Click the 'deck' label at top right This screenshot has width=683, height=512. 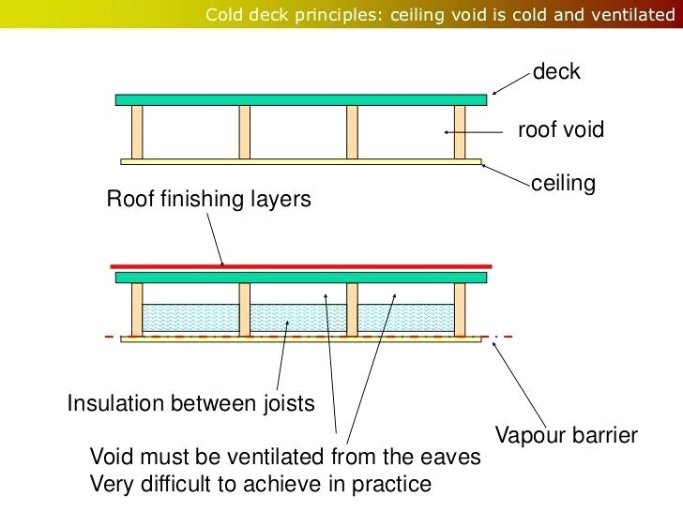click(x=556, y=72)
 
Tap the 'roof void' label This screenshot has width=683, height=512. click(x=561, y=130)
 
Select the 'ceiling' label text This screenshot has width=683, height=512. click(x=563, y=184)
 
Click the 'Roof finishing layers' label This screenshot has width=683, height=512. click(x=207, y=200)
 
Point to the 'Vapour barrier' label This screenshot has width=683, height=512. click(x=567, y=435)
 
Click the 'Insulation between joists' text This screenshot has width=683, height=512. click(x=190, y=405)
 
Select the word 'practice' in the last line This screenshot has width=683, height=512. click(x=395, y=485)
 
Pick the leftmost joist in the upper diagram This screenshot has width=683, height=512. click(x=137, y=132)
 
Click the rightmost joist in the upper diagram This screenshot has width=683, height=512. click(x=460, y=132)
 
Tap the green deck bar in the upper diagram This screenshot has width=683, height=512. click(x=300, y=99)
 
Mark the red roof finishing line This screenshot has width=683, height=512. click(x=300, y=266)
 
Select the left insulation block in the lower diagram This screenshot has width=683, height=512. click(x=190, y=320)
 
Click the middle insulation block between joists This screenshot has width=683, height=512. click(x=298, y=320)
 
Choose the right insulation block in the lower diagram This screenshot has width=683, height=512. click(x=406, y=320)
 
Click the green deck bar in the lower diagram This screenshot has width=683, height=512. click(x=300, y=278)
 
